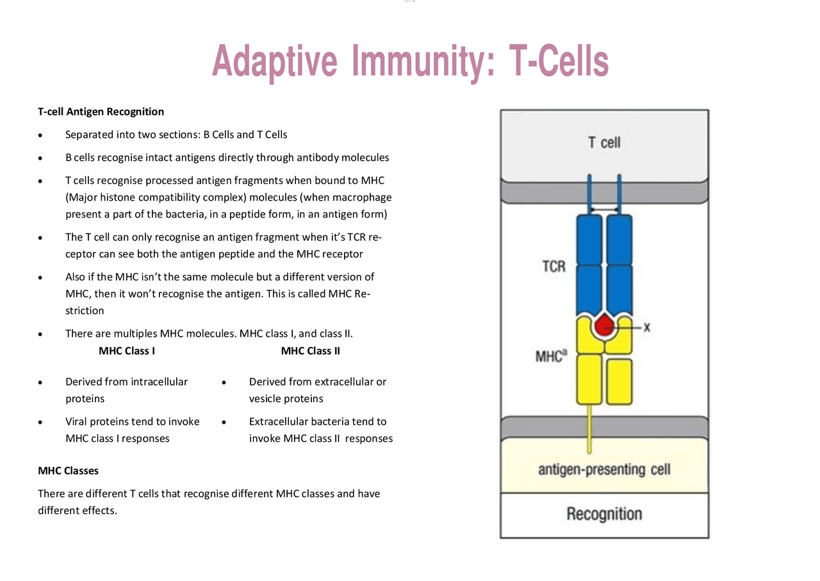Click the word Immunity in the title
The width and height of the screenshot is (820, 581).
tap(423, 62)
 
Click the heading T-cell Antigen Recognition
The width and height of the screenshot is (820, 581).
tap(101, 112)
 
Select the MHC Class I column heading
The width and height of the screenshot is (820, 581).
tap(126, 351)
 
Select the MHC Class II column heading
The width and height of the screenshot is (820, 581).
tap(310, 351)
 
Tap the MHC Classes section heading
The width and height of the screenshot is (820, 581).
tap(68, 471)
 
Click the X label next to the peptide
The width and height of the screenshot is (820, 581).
tap(647, 327)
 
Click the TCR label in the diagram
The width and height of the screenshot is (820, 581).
tap(553, 265)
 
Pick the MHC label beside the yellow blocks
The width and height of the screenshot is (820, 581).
tap(550, 355)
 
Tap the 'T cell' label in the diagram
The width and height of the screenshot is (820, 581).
tap(604, 142)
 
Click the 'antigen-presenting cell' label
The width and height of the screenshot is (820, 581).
tap(603, 469)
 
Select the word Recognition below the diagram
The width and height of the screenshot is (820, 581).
tap(603, 514)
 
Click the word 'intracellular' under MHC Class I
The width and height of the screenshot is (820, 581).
tap(159, 382)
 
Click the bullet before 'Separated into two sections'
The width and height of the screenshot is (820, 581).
tap(41, 135)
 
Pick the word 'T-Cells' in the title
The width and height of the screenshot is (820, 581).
tap(558, 62)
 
